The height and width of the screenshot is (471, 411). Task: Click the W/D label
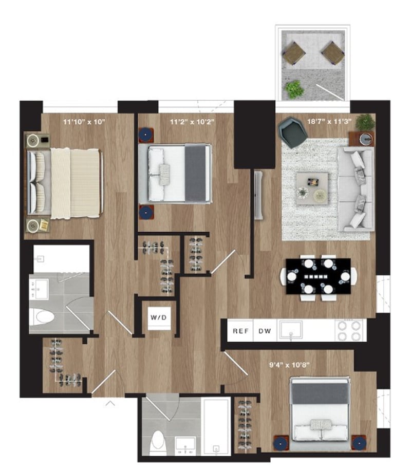click(159, 317)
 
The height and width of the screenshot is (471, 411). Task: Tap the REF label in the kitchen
click(240, 331)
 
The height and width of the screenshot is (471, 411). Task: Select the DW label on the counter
click(265, 331)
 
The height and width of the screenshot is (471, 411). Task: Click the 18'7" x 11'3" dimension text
click(329, 122)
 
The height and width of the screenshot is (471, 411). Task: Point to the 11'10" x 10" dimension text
click(84, 122)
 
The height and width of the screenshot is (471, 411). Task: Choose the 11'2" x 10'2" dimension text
click(192, 122)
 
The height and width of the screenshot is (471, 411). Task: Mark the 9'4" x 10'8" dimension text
click(289, 365)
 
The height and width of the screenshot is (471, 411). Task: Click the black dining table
click(318, 276)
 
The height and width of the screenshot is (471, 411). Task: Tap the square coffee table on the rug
click(312, 189)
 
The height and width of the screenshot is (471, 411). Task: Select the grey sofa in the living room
click(357, 189)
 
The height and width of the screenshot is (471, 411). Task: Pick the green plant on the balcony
click(294, 89)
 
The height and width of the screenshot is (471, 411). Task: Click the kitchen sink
click(291, 330)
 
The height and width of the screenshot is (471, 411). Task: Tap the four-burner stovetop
click(349, 330)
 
